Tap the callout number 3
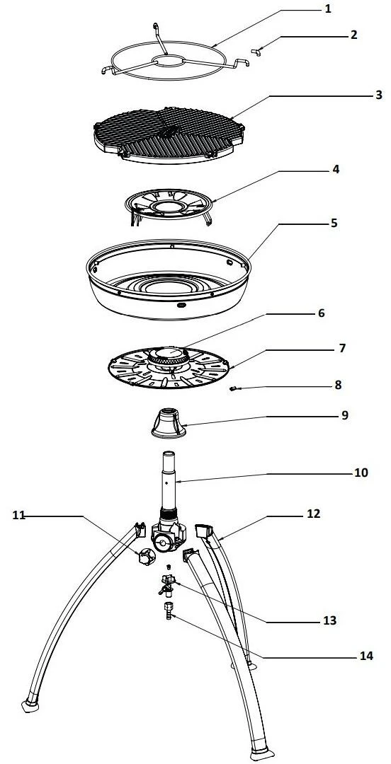point(379,95)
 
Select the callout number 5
point(334,223)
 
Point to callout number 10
point(361,473)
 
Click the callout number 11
point(18,516)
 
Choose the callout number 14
point(366,656)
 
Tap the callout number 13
point(330,621)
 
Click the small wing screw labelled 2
point(256,52)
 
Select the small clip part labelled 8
point(233,388)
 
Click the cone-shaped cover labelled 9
point(169,422)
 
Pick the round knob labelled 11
point(145,556)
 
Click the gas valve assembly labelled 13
point(167,583)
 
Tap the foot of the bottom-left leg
point(30,706)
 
